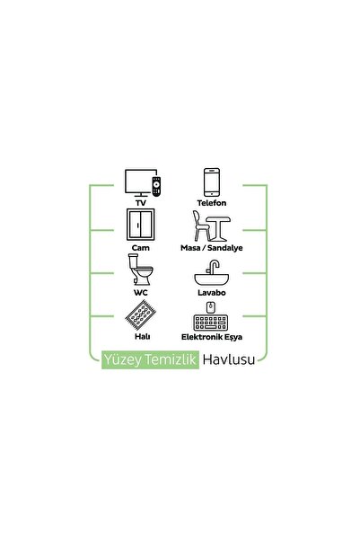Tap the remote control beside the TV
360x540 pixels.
[156, 186]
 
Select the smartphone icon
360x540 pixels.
[211, 182]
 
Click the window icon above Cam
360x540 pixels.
[140, 225]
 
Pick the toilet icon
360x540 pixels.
[140, 270]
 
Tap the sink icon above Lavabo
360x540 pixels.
[212, 273]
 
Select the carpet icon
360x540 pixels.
[140, 314]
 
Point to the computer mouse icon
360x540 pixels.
[211, 307]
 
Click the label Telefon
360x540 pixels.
[212, 203]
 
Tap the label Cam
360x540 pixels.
[140, 248]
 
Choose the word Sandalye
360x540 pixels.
[225, 248]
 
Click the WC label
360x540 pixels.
[140, 293]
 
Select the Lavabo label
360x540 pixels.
[212, 293]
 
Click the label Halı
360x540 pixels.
[142, 336]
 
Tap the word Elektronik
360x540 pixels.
[201, 337]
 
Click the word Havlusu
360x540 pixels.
[229, 359]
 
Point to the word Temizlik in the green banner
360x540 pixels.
[171, 359]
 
